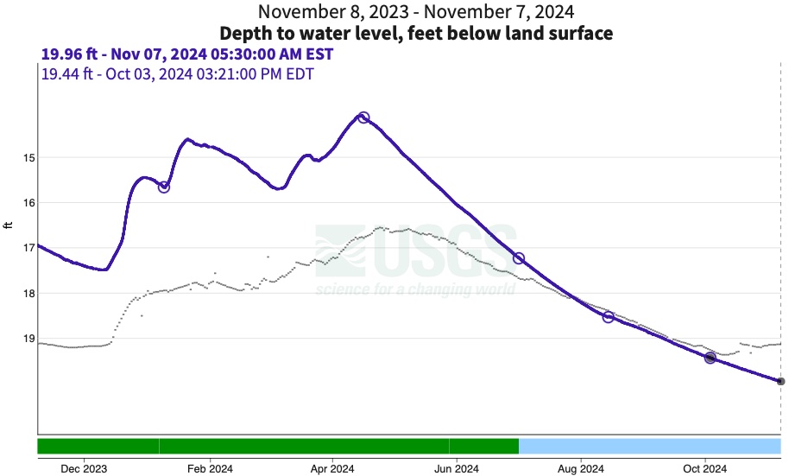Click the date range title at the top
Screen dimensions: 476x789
click(x=416, y=12)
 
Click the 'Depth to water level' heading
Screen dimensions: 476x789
click(x=416, y=34)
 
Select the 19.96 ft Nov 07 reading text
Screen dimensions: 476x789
click(x=187, y=54)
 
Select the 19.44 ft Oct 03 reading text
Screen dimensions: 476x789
click(x=177, y=73)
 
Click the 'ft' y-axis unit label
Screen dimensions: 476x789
click(x=9, y=225)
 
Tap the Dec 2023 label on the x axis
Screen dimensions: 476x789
click(x=85, y=469)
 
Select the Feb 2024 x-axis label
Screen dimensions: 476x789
click(x=209, y=469)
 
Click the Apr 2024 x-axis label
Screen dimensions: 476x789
click(x=331, y=469)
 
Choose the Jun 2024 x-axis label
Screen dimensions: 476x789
click(x=456, y=469)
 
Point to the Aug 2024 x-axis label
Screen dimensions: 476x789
click(x=580, y=469)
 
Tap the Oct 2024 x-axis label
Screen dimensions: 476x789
click(x=704, y=469)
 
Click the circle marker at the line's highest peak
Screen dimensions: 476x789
click(x=363, y=117)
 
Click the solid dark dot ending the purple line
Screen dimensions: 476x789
click(x=780, y=381)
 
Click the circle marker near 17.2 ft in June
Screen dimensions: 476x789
click(x=519, y=258)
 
